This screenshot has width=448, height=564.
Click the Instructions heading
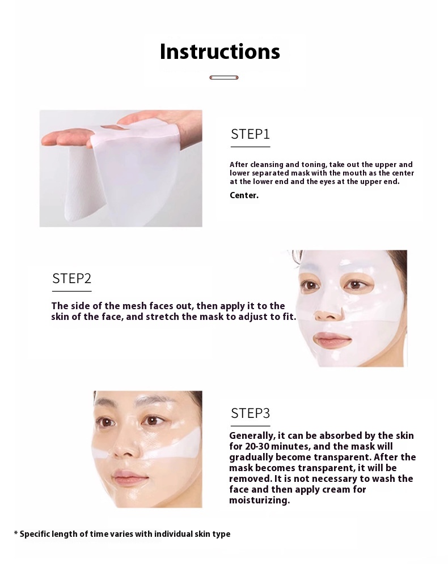pyautogui.click(x=220, y=52)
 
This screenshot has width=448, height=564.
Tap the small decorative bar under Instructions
pyautogui.click(x=223, y=78)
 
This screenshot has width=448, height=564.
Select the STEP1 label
pyautogui.click(x=250, y=134)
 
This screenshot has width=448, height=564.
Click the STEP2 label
pyautogui.click(x=71, y=279)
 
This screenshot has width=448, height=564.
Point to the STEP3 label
pyautogui.click(x=250, y=413)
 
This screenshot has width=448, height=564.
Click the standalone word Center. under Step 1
pyautogui.click(x=244, y=195)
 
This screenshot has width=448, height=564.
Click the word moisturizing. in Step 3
pyautogui.click(x=259, y=501)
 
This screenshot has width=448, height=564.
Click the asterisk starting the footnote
pyautogui.click(x=16, y=534)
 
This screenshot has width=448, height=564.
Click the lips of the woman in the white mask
pyautogui.click(x=332, y=340)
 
